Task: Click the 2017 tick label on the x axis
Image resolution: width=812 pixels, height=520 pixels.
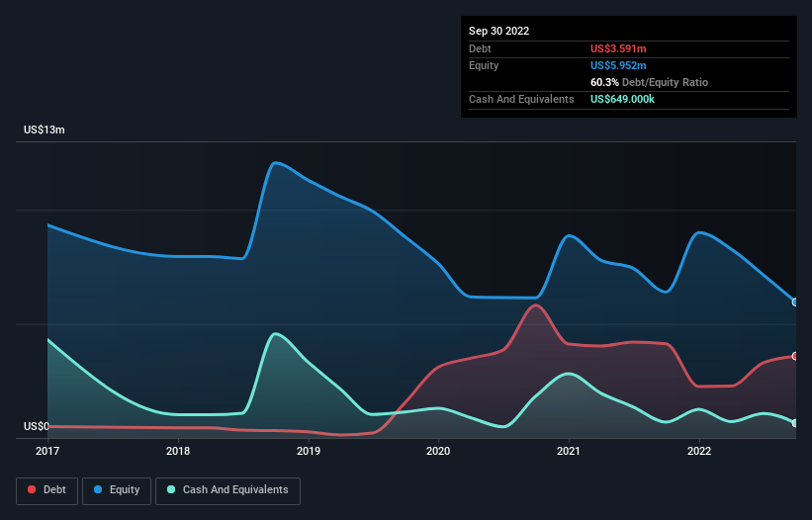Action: coord(47,452)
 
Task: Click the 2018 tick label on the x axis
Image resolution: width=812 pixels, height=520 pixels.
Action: coord(178,452)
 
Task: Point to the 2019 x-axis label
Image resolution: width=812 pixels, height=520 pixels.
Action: coord(309,452)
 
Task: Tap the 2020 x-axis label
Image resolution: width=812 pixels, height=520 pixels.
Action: coord(438,452)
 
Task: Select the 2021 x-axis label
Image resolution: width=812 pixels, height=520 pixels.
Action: coord(569,452)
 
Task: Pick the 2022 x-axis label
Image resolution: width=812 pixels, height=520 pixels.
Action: coord(699,452)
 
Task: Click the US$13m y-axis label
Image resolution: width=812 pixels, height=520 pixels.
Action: coord(45,130)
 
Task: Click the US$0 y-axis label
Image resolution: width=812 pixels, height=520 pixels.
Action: coord(37,427)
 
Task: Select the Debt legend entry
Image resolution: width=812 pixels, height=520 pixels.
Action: coord(48,489)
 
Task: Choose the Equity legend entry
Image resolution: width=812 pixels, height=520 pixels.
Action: coord(117,489)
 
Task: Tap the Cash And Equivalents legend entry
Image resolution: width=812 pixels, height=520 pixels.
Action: coord(227,489)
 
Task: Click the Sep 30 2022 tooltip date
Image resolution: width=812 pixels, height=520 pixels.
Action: coord(498,31)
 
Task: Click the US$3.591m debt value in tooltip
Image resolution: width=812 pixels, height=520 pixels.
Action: coord(618,48)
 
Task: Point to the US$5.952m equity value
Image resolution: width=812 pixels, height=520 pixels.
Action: coord(618,65)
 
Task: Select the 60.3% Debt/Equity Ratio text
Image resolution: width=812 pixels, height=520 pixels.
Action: coord(649,82)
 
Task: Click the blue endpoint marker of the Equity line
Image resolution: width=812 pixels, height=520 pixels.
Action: coord(795,303)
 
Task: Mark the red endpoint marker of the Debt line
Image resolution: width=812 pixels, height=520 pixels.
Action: coord(795,356)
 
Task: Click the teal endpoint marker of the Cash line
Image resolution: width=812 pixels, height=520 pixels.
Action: coord(795,423)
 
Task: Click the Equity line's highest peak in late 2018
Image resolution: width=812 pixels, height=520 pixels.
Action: coord(275,162)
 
